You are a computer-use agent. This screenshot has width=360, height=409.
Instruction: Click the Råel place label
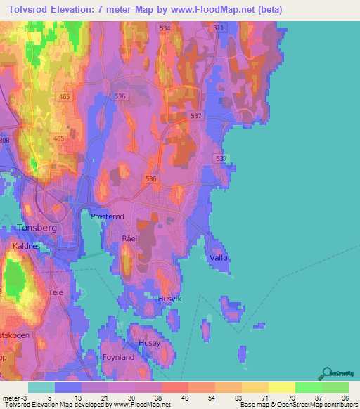click(129, 239)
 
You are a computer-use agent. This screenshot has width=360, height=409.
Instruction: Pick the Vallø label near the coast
click(219, 259)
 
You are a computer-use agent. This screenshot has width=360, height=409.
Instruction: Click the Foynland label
click(117, 357)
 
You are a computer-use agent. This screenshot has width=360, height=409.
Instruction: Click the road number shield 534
click(165, 27)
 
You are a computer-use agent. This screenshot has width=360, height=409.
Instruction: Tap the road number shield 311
click(218, 27)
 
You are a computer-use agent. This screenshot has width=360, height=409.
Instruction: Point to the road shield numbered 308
click(4, 141)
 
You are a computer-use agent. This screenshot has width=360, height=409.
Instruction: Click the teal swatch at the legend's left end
click(41, 387)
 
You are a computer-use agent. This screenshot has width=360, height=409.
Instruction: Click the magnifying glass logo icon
click(327, 373)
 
